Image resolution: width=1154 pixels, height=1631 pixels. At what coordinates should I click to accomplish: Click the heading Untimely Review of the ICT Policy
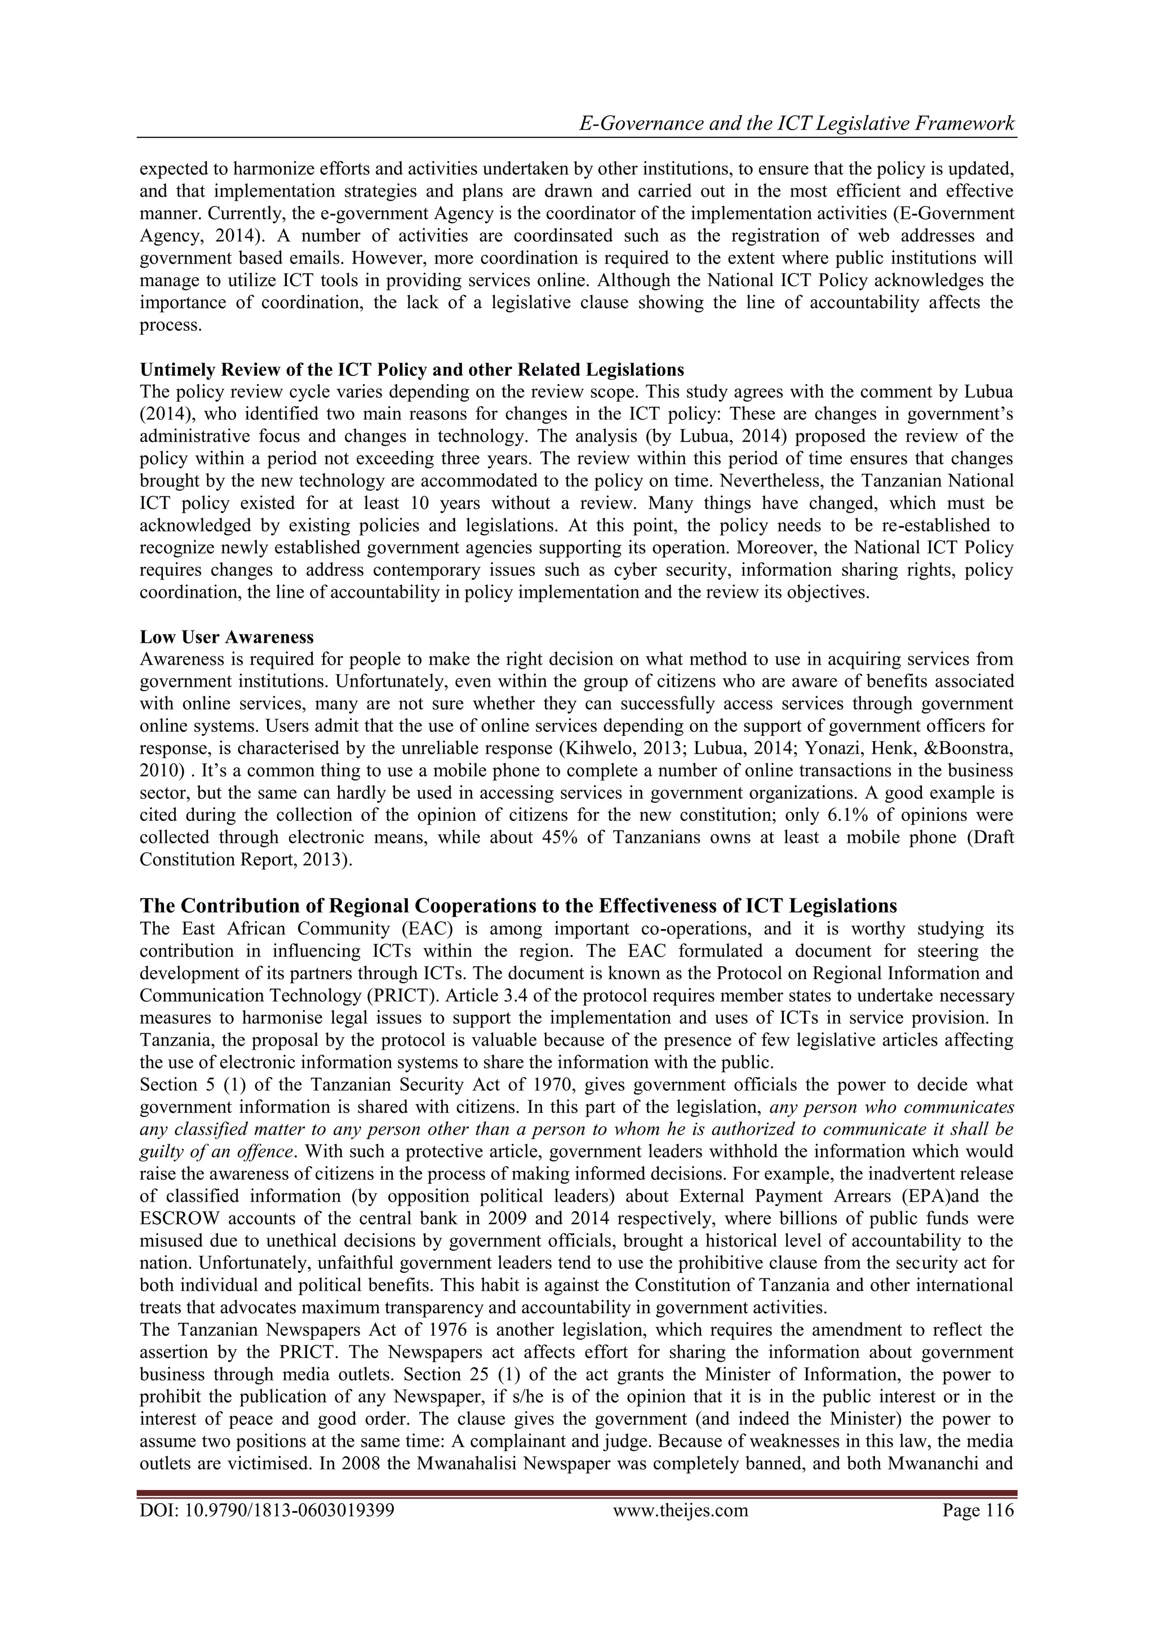[411, 370]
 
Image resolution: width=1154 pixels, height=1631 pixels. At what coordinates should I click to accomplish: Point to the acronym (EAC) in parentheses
[424, 928]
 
